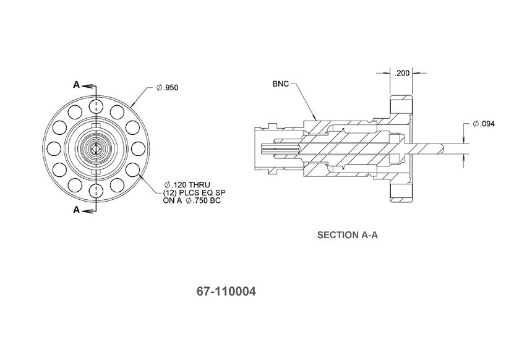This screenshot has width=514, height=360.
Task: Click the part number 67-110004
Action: point(226,291)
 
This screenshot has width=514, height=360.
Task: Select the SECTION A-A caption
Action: point(348,235)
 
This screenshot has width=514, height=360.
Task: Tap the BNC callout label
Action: point(281,84)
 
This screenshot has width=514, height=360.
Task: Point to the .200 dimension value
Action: point(402,73)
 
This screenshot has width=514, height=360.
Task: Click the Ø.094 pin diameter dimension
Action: point(484,124)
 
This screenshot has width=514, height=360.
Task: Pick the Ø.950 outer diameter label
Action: point(167,88)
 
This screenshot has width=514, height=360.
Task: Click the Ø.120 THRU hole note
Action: point(187,185)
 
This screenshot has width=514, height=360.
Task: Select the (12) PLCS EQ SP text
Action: point(194,193)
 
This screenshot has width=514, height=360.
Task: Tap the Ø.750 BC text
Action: point(203,200)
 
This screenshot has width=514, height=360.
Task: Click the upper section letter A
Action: point(76,85)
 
